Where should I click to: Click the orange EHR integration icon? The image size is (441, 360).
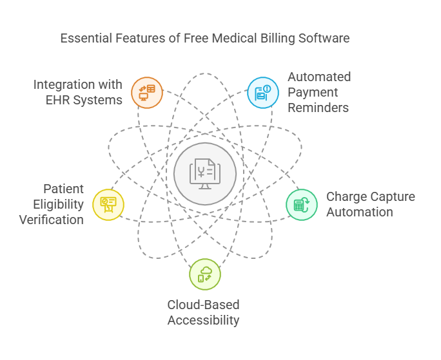coord(147,92)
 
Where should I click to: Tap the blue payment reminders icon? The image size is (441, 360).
coord(263,92)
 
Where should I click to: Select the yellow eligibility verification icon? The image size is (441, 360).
coord(108,205)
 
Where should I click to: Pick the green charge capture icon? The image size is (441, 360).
coord(302,205)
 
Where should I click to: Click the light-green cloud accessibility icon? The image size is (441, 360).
coord(205,274)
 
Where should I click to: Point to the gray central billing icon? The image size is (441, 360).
coord(205,173)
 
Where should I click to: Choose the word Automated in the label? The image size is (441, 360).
coord(319,77)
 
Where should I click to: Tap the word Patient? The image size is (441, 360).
coord(64,189)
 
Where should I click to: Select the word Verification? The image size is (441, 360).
coord(51,220)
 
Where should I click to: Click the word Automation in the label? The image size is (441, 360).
coord(359,212)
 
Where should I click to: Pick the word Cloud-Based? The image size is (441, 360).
coord(204,305)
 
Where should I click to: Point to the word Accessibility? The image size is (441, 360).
coord(204,320)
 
